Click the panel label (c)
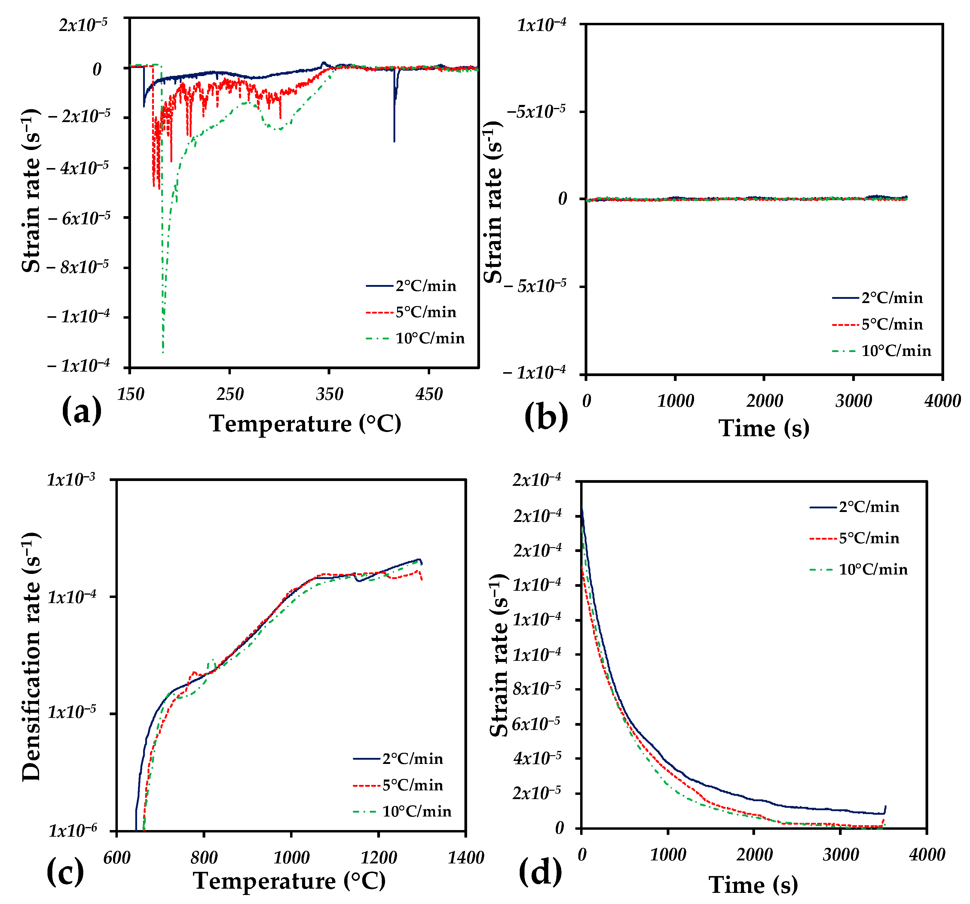(65, 872)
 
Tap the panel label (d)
(540, 872)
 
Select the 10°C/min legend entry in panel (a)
(429, 338)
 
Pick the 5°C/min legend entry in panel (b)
(892, 324)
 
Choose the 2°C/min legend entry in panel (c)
(412, 758)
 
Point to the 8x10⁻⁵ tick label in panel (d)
(537, 688)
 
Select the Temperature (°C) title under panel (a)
(305, 423)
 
